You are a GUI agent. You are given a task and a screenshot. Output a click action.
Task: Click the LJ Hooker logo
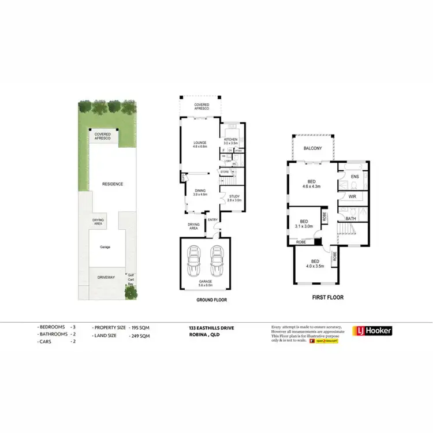coord(373,331)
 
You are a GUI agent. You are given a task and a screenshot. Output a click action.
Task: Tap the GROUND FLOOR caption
coord(204,300)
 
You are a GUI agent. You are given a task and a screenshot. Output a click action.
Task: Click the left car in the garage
coord(194,263)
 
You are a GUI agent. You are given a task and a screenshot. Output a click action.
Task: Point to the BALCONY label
coord(313,149)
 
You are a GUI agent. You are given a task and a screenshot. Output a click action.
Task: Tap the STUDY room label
coord(234,199)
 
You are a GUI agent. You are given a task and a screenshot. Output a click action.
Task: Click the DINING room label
coord(200,192)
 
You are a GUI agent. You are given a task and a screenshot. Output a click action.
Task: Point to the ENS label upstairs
coord(355,176)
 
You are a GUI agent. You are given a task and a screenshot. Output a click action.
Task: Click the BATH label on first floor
coord(351,219)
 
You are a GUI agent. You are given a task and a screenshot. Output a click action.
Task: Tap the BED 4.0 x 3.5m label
coord(315,264)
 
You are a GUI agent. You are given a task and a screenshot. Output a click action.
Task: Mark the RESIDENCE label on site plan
coord(113,184)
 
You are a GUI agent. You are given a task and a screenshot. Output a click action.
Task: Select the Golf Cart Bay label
coord(130,279)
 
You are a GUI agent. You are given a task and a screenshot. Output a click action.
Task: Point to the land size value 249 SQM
coord(140,335)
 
